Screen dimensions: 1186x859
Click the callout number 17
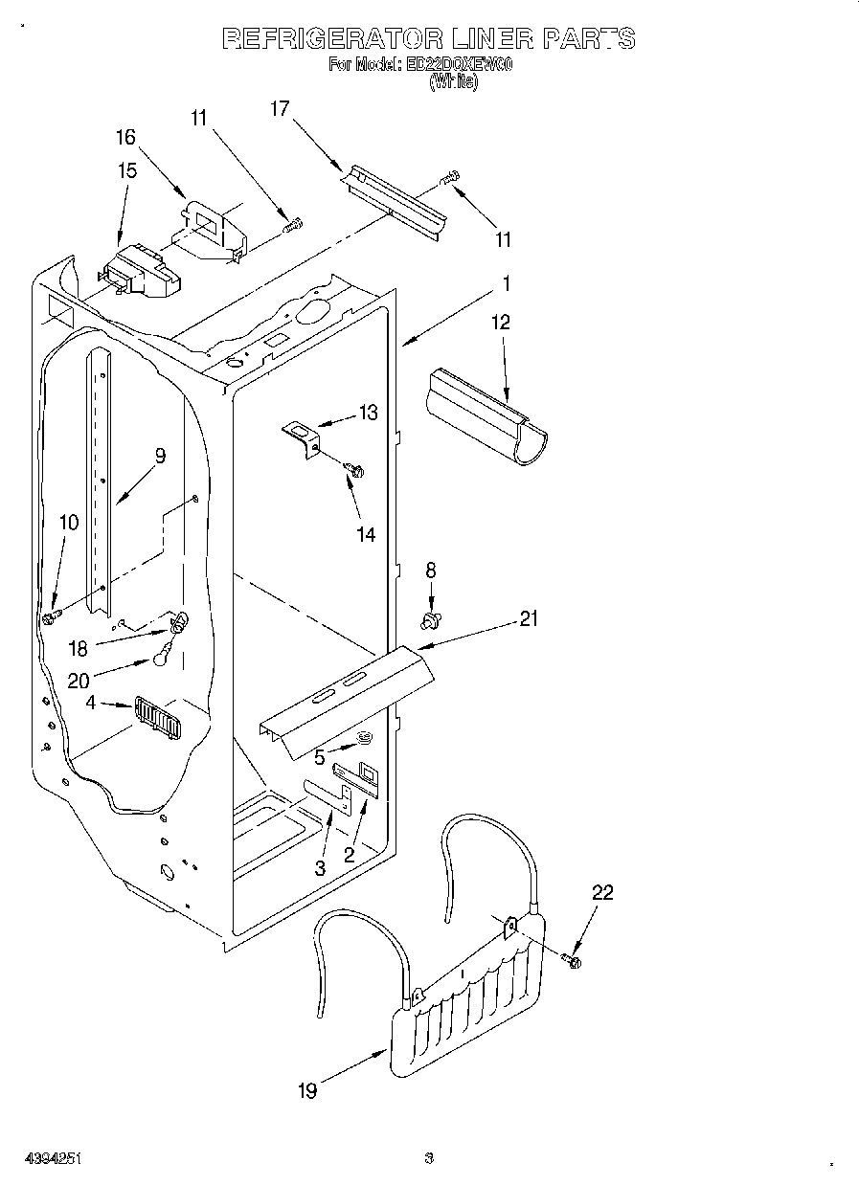pyautogui.click(x=279, y=109)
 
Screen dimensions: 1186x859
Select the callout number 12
pyautogui.click(x=501, y=323)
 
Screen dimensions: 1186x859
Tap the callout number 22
pyautogui.click(x=602, y=893)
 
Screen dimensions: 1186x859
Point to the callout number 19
pyautogui.click(x=307, y=1090)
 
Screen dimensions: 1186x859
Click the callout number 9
pyautogui.click(x=160, y=456)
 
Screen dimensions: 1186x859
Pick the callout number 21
pyautogui.click(x=529, y=619)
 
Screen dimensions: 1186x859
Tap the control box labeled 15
pyautogui.click(x=141, y=269)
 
